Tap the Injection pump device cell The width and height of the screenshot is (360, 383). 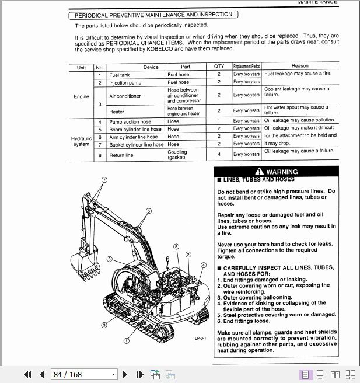point(125,83)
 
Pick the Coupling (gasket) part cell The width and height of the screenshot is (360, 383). point(177,155)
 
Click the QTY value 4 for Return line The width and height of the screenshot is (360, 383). point(219,155)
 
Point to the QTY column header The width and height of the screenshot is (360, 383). point(219,67)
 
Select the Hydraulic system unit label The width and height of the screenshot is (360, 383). point(81,141)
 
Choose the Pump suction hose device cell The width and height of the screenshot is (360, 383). point(130,122)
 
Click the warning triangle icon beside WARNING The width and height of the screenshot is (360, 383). point(259,172)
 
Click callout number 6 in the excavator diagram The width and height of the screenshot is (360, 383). point(148,211)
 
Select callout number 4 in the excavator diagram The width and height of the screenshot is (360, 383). point(203,265)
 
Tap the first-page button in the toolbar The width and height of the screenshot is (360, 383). point(27,374)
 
